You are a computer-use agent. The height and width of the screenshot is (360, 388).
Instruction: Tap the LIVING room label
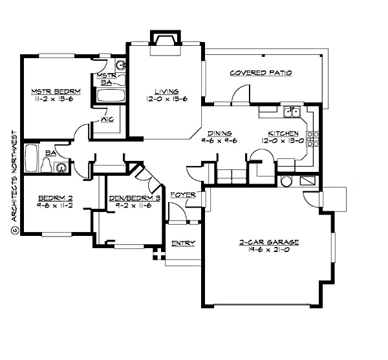point(166,91)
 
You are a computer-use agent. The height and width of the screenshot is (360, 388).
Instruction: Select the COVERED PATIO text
point(261,73)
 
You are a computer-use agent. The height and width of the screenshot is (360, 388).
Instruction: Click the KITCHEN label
point(279,132)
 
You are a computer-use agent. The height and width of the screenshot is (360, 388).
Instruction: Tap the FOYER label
point(182,195)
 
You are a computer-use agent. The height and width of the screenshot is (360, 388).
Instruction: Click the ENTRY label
point(183,244)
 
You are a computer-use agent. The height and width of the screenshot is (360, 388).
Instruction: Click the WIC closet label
point(107,120)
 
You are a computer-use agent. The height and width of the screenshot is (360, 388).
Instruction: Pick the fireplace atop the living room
point(163,38)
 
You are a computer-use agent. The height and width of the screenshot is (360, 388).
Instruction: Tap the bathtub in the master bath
point(111,96)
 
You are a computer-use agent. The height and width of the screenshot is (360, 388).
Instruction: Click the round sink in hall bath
point(61,167)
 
